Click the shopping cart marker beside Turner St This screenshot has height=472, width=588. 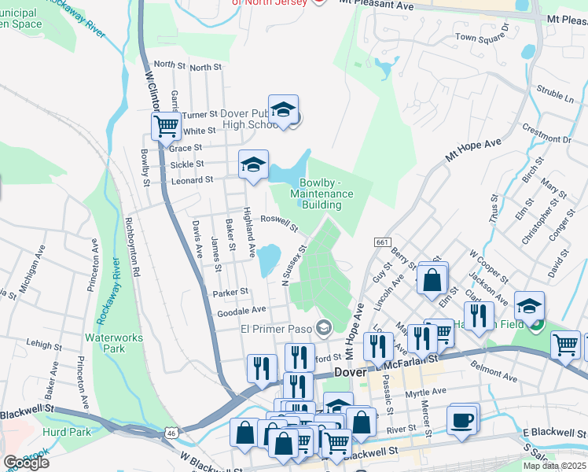[x=166, y=125]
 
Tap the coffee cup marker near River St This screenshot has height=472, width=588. [x=462, y=419]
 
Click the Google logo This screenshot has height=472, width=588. [x=26, y=463]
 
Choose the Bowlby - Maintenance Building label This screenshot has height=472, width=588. [x=321, y=194]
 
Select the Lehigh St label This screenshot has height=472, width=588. [x=43, y=345]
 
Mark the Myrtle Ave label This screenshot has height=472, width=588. [x=425, y=390]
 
